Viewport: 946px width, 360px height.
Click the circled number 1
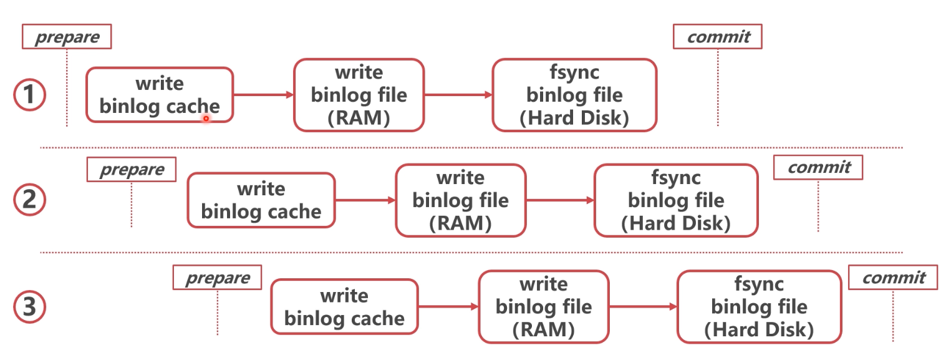click(30, 96)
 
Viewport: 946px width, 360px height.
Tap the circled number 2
click(30, 200)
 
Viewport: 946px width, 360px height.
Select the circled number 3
click(30, 306)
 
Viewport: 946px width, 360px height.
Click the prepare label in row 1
click(67, 37)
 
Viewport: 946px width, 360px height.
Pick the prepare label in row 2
click(132, 169)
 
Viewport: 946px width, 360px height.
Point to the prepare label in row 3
click(217, 278)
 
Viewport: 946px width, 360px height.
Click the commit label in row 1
click(718, 37)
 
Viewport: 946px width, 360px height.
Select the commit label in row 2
click(818, 167)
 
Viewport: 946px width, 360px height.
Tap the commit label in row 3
click(893, 277)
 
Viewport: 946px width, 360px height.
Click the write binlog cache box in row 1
click(160, 95)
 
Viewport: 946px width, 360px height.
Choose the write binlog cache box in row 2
click(261, 200)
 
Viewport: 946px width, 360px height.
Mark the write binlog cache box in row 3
click(344, 306)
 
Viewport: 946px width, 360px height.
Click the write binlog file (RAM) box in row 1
click(359, 95)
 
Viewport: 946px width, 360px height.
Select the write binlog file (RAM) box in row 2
click(461, 200)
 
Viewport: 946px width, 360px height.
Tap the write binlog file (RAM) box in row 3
click(544, 306)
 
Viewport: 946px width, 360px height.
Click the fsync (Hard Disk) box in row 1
click(574, 95)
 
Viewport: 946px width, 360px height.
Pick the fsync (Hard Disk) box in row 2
click(676, 200)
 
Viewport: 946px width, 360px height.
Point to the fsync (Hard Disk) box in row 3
click(759, 306)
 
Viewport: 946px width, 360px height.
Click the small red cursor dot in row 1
click(206, 118)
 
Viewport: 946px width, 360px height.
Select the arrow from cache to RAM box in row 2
click(365, 200)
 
